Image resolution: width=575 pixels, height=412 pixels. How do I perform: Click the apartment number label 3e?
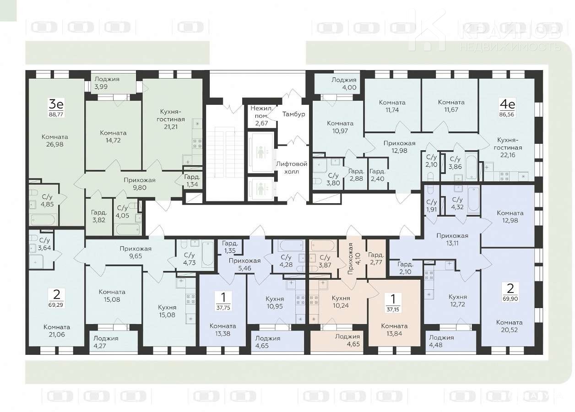tap(56, 104)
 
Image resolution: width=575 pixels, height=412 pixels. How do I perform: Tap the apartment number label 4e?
tap(507, 104)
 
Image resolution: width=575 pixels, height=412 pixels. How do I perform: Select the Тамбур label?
tap(293, 114)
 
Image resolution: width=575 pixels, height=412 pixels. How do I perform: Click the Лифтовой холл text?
tap(292, 168)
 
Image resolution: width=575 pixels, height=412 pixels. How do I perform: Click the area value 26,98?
tap(55, 144)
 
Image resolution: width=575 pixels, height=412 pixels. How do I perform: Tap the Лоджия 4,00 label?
tap(344, 84)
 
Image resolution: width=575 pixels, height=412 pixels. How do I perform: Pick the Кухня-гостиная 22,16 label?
tap(508, 147)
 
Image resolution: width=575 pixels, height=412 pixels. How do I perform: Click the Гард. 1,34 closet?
tap(192, 180)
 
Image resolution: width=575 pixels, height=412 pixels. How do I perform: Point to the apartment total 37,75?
tap(223, 308)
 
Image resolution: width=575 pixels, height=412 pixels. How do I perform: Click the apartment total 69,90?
tap(510, 299)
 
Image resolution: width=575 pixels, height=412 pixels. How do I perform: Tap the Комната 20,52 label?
tap(510, 326)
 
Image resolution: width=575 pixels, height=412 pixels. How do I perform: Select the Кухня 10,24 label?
tap(341, 302)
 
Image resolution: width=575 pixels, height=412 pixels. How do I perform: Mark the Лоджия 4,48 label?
tap(441, 341)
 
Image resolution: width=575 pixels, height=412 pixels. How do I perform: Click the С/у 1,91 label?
tap(432, 206)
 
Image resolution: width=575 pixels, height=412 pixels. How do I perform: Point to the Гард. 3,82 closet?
tap(99, 216)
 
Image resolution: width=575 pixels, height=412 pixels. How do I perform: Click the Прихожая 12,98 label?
tap(399, 147)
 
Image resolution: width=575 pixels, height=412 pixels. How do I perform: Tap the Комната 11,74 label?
tap(392, 106)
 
